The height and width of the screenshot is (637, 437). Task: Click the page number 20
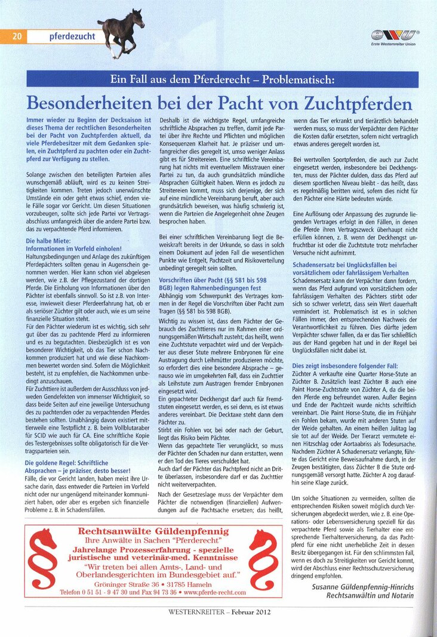(x=17, y=36)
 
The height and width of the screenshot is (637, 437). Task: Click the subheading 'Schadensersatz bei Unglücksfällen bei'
(x=343, y=264)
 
